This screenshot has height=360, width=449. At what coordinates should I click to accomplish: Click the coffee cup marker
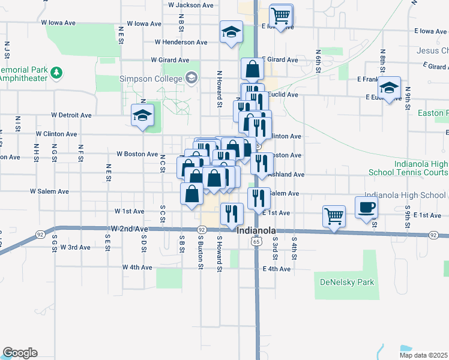(367, 208)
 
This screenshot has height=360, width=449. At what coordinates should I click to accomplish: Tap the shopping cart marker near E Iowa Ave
(280, 14)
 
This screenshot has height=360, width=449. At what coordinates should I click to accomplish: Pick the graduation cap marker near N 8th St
(390, 89)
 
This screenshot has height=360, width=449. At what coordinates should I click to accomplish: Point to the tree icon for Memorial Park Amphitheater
(56, 73)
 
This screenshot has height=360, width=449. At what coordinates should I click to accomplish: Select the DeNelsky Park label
(347, 282)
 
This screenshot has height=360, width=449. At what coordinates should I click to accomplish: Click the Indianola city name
(257, 231)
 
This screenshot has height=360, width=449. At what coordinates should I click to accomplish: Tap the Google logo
(20, 353)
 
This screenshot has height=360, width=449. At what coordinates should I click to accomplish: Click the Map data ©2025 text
(423, 355)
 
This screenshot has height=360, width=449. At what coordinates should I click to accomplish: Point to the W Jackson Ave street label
(191, 5)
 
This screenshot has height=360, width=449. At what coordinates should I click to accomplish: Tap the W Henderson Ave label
(181, 43)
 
